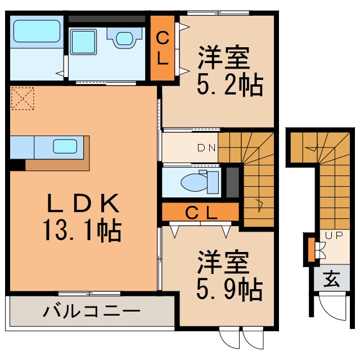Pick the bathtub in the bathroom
[x=37, y=33]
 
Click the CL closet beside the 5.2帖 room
[x=162, y=49]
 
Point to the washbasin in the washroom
[x=124, y=37]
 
